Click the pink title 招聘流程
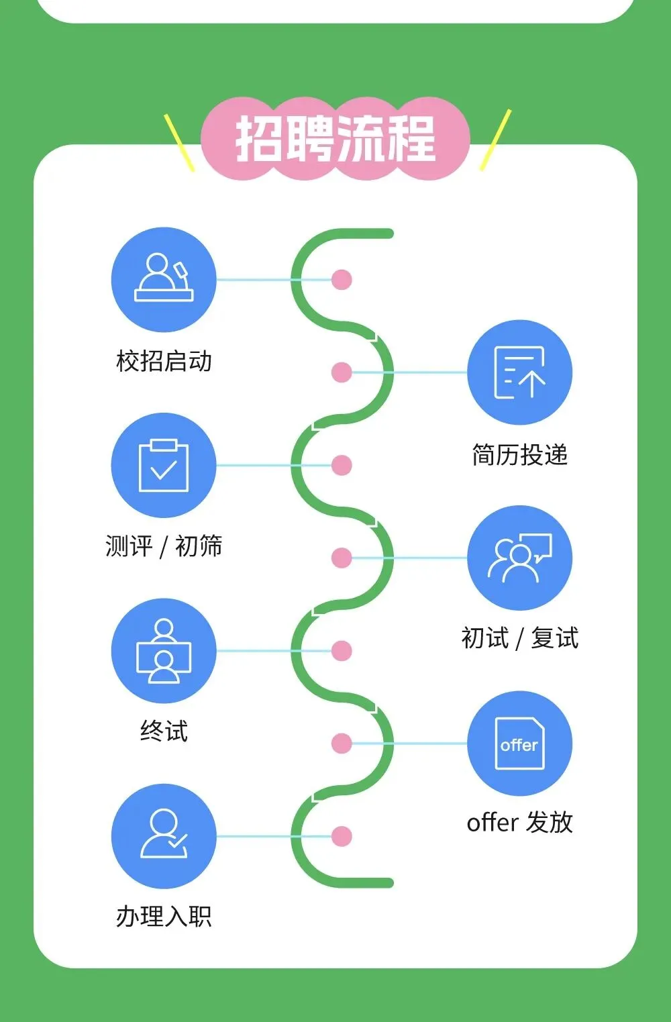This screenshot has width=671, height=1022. pos(335,139)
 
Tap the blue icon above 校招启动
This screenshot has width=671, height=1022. pos(164,279)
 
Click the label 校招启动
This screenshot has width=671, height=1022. pos(164,361)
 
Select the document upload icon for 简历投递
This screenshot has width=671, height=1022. pos(519,372)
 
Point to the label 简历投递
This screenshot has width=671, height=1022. pos(519,455)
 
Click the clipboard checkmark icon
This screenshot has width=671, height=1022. pos(164,465)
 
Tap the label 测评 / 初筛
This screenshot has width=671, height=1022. pos(164,546)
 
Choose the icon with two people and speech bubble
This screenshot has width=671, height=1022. pos(519,558)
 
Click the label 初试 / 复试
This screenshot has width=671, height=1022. pos(519,638)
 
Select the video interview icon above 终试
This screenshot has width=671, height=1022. pos(164,651)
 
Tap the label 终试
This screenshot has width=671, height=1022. pos(164,731)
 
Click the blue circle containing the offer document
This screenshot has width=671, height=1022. pos(519,744)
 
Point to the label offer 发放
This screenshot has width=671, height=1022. pos(519,822)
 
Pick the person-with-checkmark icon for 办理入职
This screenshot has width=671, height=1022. pos(164,836)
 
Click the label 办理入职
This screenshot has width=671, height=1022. pos(164,916)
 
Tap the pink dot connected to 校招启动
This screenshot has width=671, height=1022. pos(342,279)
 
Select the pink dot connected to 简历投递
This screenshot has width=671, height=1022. pos(342,372)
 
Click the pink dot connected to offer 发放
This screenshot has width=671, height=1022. pos(342,744)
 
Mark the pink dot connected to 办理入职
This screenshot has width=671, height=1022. pos(342,836)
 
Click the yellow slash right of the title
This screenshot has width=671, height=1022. pos(496,140)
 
